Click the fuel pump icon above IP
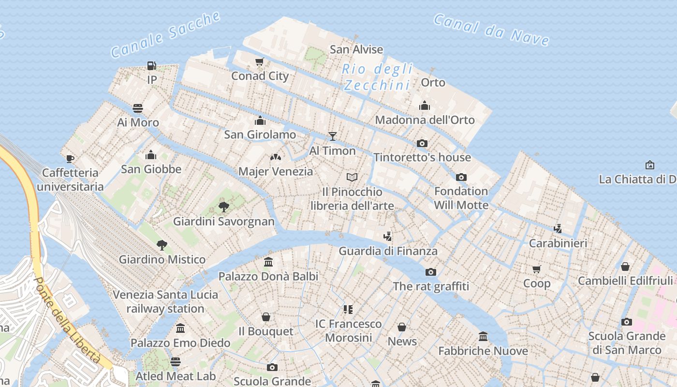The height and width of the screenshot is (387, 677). [152, 65]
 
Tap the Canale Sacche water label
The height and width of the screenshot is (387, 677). [166, 35]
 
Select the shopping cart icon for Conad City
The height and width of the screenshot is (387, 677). [260, 62]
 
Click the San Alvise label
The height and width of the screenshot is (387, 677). [356, 49]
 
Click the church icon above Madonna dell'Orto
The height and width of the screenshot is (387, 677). [425, 105]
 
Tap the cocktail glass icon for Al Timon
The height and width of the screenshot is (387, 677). [332, 136]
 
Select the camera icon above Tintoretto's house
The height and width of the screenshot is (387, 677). [422, 143]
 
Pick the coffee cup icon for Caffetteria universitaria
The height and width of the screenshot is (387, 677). [70, 159]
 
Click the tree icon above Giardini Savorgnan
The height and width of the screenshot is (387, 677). [223, 207]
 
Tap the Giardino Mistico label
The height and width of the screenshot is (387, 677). [162, 259]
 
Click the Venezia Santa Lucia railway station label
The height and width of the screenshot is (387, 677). [165, 301]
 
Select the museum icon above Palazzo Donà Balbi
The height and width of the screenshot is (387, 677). [268, 262]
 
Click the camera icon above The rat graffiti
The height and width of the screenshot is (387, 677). [431, 272]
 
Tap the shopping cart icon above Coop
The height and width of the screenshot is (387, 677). [537, 269]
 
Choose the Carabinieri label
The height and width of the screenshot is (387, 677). [558, 243]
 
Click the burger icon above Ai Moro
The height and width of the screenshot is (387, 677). [138, 108]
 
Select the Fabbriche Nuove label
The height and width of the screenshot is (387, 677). [483, 351]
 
